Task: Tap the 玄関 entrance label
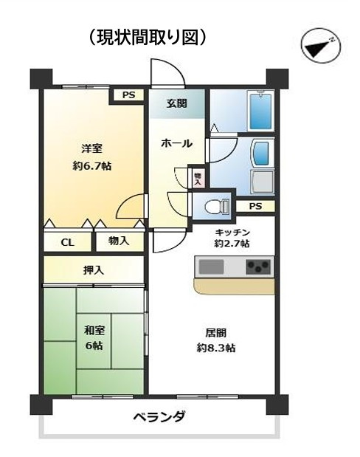coord(175,103)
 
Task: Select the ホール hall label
coord(177,143)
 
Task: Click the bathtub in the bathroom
coord(259,111)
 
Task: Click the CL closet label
coord(66,241)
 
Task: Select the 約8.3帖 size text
coord(216,347)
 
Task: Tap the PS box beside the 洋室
coord(128,95)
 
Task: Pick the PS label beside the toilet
coord(255,206)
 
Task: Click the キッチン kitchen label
coord(232,231)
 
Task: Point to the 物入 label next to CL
coord(119,241)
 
